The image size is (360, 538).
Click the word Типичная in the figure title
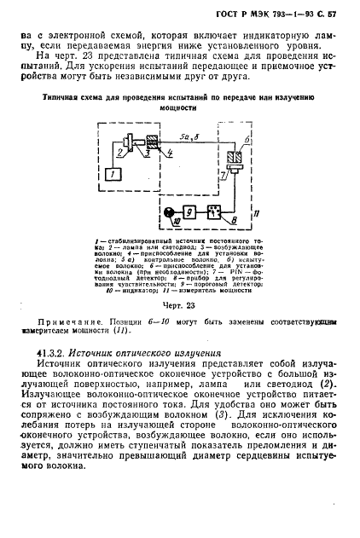(65, 96)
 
